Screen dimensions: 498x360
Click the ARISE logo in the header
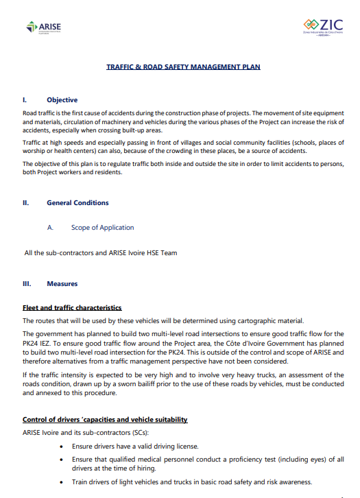point(43,27)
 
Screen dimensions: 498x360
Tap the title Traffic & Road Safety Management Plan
point(183,67)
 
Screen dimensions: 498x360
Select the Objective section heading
point(62,100)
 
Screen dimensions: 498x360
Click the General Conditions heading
point(77,203)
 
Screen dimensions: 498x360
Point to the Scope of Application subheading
point(102,228)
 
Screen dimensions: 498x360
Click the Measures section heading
point(62,284)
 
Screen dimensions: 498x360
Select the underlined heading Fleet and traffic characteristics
point(72,308)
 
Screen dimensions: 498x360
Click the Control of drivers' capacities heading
point(105,419)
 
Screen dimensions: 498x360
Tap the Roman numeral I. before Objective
point(25,100)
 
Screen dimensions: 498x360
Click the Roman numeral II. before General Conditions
point(26,203)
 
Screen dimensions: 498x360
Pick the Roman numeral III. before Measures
point(27,284)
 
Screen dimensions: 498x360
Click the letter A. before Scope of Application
point(51,228)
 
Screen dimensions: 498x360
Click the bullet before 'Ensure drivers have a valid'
point(64,447)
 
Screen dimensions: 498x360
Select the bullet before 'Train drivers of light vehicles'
point(64,482)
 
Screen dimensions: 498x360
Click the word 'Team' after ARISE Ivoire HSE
point(168,253)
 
